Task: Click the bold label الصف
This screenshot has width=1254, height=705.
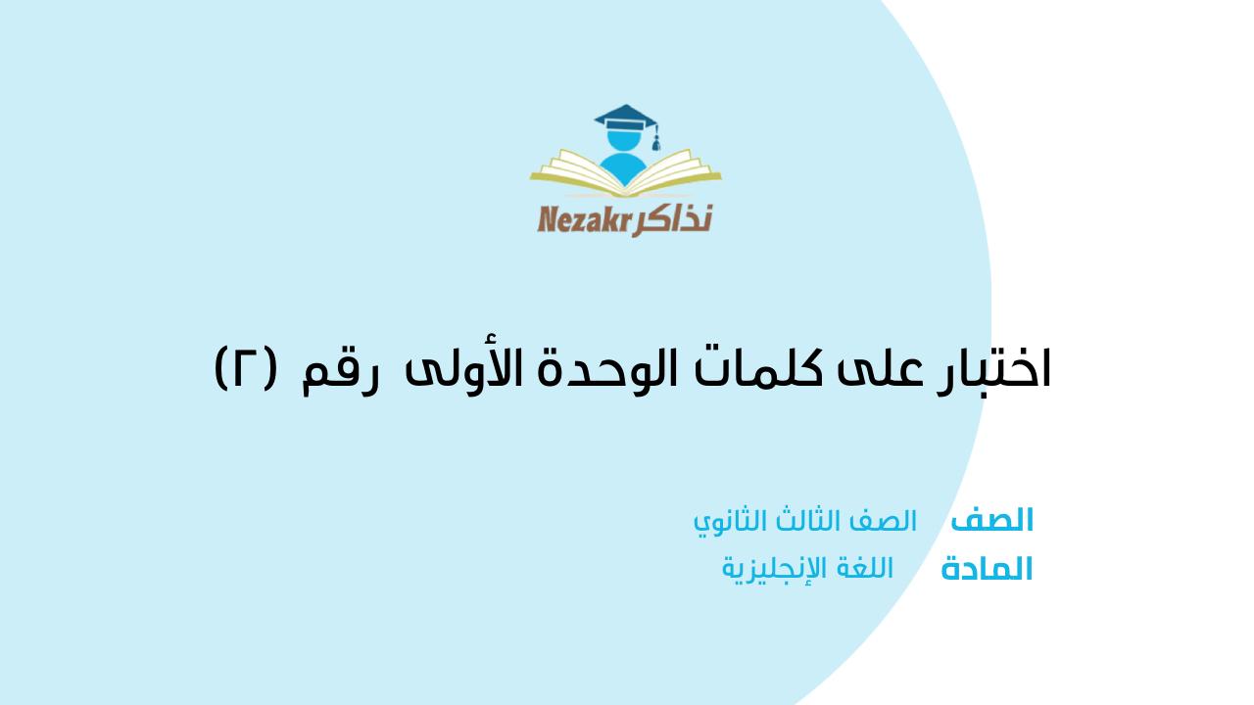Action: tap(991, 520)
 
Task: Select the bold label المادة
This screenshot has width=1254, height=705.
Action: tap(987, 570)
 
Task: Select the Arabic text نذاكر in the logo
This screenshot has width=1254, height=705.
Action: tap(673, 220)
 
